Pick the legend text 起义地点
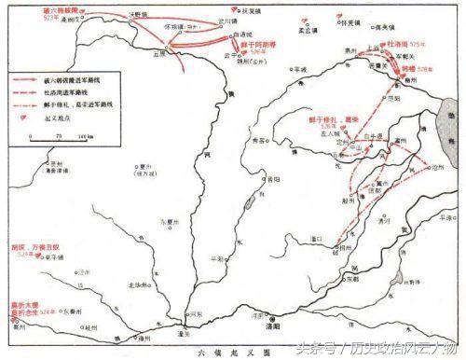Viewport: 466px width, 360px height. pos(59,119)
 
